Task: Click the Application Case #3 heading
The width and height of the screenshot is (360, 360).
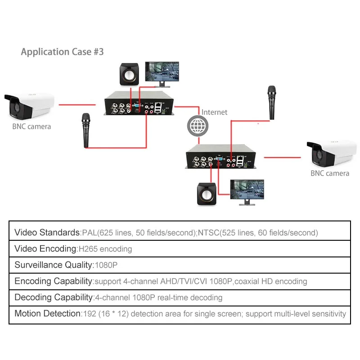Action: coord(62,52)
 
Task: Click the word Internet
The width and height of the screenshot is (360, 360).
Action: coord(214,112)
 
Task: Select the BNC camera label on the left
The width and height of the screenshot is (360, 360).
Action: coord(31,126)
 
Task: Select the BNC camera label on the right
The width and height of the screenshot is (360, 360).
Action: coord(329,173)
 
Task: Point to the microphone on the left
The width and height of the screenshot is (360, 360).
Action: coord(85,130)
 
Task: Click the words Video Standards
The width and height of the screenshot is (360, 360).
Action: coord(47,233)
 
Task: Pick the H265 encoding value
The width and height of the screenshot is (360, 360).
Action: coord(105,249)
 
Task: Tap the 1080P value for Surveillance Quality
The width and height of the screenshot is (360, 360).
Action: coord(105,265)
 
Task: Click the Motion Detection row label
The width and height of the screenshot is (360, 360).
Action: coord(47,314)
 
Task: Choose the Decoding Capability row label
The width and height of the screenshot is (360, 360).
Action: coord(53,297)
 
